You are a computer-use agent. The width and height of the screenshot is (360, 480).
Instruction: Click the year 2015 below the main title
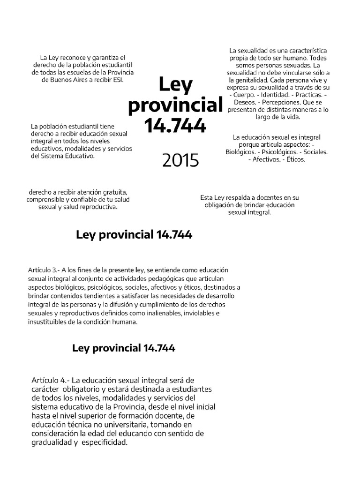pyautogui.click(x=180, y=161)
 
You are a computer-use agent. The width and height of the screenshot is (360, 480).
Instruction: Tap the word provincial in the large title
pyautogui.click(x=174, y=105)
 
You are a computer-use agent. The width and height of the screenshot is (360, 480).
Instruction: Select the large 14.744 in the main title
pyautogui.click(x=175, y=126)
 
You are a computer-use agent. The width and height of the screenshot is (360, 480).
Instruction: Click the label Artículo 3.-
pyautogui.click(x=46, y=270)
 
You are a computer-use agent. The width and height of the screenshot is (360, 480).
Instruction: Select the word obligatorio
pyautogui.click(x=86, y=389)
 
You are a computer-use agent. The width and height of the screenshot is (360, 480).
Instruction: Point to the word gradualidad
pyautogui.click(x=51, y=442)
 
